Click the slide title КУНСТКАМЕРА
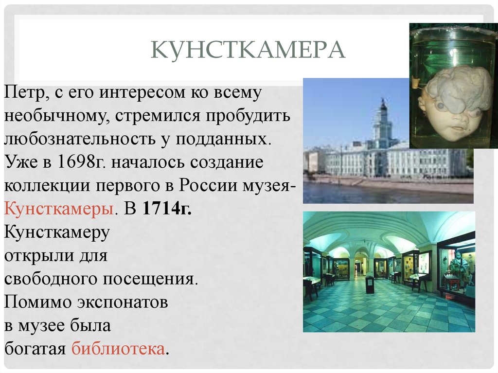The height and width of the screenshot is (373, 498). click(x=248, y=51)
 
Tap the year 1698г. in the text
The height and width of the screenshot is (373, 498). click(x=83, y=162)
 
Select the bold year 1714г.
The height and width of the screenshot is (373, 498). click(x=166, y=209)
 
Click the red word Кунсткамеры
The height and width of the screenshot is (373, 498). click(x=60, y=209)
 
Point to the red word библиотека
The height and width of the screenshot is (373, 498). click(x=118, y=349)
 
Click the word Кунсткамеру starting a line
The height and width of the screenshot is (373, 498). click(x=57, y=232)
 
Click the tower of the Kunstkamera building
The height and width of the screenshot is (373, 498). click(x=383, y=122)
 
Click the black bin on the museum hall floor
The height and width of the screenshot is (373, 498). click(x=370, y=284)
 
